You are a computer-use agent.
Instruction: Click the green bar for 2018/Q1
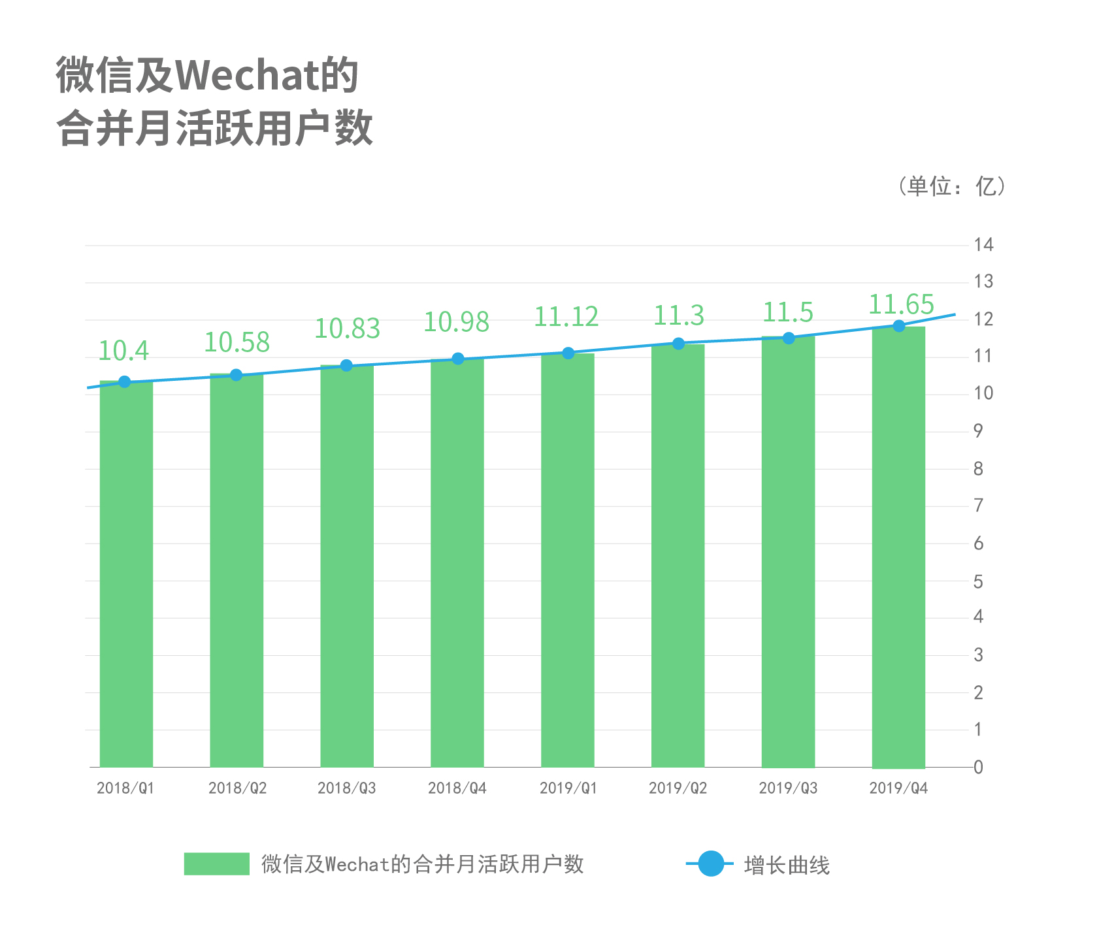(126, 575)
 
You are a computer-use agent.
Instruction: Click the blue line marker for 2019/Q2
(678, 344)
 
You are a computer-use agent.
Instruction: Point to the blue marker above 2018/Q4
(458, 359)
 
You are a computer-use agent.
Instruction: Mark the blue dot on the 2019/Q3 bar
(789, 338)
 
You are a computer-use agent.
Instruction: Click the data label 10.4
(123, 351)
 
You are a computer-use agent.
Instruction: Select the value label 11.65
(901, 305)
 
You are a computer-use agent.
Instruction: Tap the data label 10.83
(347, 329)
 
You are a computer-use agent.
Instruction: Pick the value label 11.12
(566, 317)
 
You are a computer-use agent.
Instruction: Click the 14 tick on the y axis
(983, 245)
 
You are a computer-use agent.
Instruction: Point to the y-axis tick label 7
(978, 506)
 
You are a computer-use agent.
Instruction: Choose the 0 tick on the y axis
(978, 767)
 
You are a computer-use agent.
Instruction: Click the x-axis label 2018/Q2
(237, 788)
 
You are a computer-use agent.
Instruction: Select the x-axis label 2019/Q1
(568, 788)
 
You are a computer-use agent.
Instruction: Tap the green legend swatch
(216, 864)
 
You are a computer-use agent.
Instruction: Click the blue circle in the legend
(711, 864)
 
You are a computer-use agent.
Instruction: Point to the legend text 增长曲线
(787, 866)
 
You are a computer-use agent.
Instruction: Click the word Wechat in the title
(247, 75)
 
